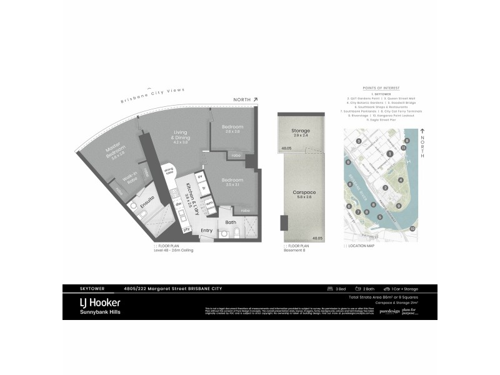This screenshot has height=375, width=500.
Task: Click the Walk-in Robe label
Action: pos(131,179)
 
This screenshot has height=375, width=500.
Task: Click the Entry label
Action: pos(206,231)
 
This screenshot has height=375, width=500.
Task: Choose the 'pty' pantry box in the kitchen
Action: pos(186,230)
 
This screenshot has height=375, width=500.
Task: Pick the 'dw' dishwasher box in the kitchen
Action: pos(178,203)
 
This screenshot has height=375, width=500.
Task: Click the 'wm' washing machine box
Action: pos(210,203)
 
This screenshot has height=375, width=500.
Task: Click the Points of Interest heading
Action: pos(381,89)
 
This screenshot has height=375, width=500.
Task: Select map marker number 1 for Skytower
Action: pos(390,153)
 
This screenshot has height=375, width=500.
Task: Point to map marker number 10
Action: pos(412,229)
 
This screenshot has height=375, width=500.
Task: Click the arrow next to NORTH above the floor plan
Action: pos(256,99)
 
